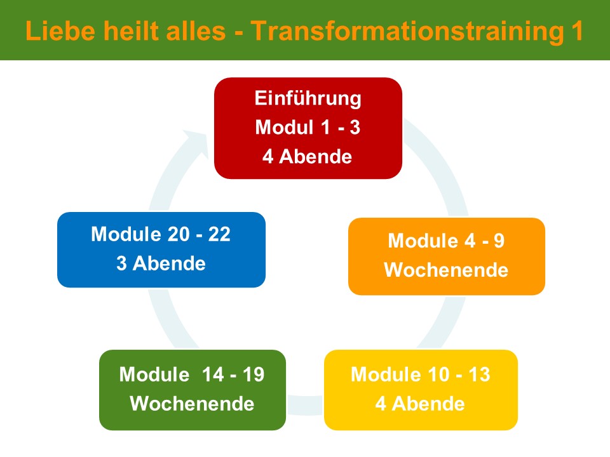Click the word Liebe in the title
(60, 30)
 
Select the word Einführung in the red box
(308, 98)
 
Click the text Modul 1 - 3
(308, 127)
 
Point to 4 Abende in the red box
(308, 156)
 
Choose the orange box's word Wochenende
(446, 270)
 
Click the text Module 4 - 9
(446, 240)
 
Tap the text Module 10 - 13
(421, 374)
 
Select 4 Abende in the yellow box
(420, 404)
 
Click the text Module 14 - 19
(192, 374)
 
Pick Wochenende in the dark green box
(192, 404)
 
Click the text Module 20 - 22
(161, 234)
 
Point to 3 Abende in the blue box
(161, 263)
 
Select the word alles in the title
(196, 30)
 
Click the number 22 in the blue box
(219, 234)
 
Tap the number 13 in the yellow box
(479, 374)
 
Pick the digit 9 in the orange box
(499, 240)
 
